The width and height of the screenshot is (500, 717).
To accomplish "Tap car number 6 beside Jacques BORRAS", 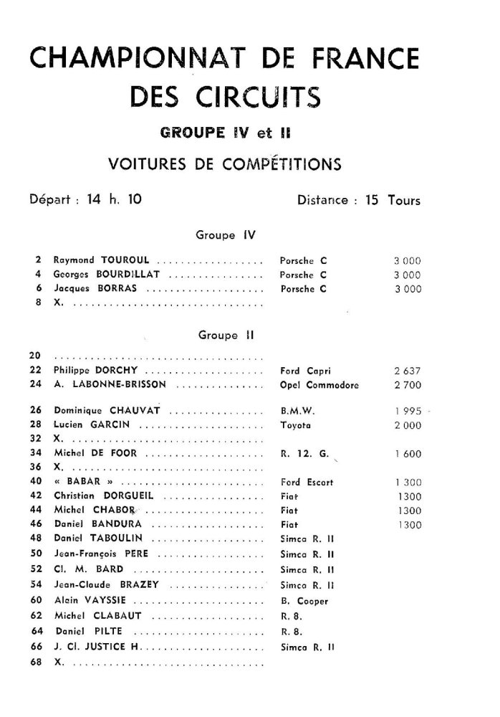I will click(x=37, y=289).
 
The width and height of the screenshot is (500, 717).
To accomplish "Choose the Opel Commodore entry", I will click(x=319, y=384).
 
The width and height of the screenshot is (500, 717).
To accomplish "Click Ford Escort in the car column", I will click(x=307, y=483).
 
